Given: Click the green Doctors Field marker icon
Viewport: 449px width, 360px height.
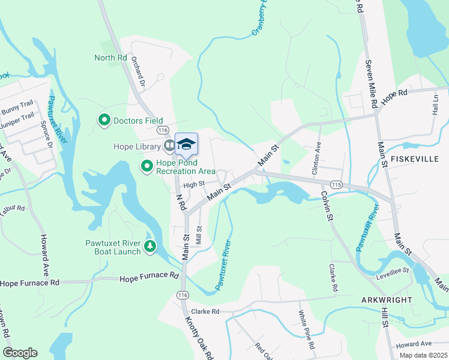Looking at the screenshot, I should tap(104, 121).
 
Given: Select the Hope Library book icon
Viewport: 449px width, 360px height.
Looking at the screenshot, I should tap(170, 146).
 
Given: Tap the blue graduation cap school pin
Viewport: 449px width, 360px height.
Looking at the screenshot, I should tap(186, 145).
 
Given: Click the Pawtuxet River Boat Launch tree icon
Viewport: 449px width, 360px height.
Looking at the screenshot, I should tap(149, 247).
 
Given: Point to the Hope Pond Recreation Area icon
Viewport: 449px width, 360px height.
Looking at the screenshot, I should tap(146, 166).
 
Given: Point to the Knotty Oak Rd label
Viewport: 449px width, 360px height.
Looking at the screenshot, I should tap(206, 338).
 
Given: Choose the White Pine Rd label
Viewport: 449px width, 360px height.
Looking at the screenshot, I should tap(307, 330).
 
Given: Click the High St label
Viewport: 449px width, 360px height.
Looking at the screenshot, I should tap(194, 184).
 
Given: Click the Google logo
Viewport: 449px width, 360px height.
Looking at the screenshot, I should tap(20, 353).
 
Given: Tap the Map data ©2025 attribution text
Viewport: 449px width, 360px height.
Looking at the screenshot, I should tap(423, 355).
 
